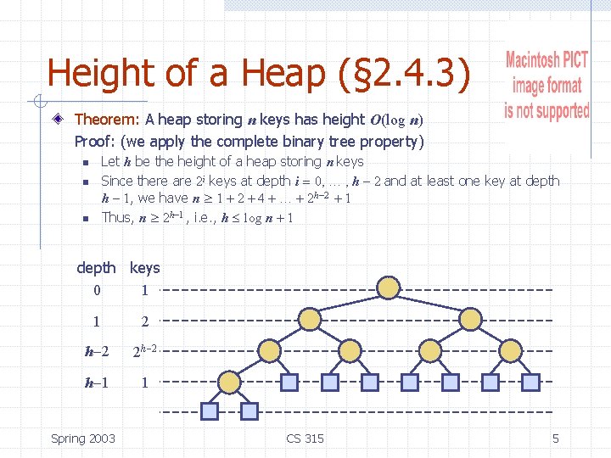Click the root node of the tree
tap(388, 288)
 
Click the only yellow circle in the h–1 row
tap(228, 381)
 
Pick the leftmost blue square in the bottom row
tap(209, 411)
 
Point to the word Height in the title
tap(98, 74)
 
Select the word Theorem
tap(108, 120)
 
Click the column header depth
tap(96, 268)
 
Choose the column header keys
tap(144, 268)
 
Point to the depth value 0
tap(96, 291)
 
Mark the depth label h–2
tap(96, 352)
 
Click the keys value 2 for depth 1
tap(144, 322)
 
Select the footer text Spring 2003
tap(83, 438)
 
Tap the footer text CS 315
tap(305, 438)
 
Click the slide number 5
tap(555, 438)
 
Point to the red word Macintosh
tap(547, 59)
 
